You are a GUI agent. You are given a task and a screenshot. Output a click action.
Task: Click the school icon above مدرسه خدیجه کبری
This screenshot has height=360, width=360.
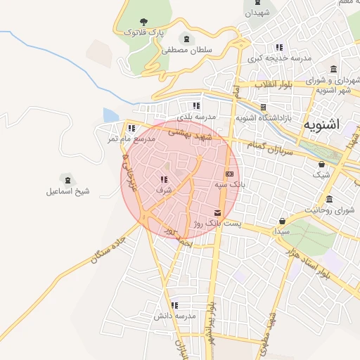tap(279, 47)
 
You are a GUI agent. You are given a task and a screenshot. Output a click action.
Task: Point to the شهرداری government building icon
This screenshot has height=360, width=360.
tap(332, 70)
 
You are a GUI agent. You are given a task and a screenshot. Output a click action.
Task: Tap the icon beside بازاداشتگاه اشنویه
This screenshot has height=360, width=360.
tap(263, 108)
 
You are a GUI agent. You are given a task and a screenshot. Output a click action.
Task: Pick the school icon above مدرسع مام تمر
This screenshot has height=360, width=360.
tap(131, 128)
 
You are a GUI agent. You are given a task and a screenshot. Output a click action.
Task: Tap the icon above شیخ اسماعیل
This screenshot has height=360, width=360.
tap(67, 179)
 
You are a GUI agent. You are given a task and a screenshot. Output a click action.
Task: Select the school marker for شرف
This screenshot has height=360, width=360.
tap(164, 179)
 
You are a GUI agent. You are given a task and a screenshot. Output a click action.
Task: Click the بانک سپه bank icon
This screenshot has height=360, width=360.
tap(229, 173)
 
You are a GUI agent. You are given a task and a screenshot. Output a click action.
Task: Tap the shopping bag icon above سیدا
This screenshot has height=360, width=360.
tap(283, 220)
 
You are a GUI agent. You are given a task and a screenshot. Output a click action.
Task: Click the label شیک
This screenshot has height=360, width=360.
tap(321, 174)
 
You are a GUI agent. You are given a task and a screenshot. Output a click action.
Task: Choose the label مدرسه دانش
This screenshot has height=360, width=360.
tap(174, 316)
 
